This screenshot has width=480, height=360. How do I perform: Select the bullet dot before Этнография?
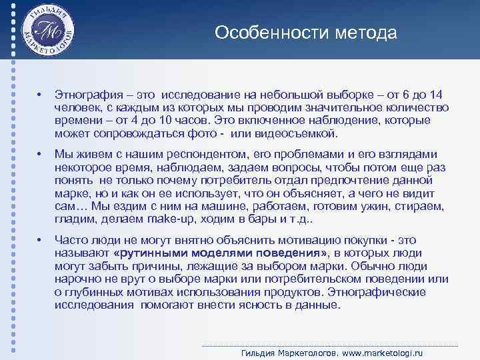point(41,96)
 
